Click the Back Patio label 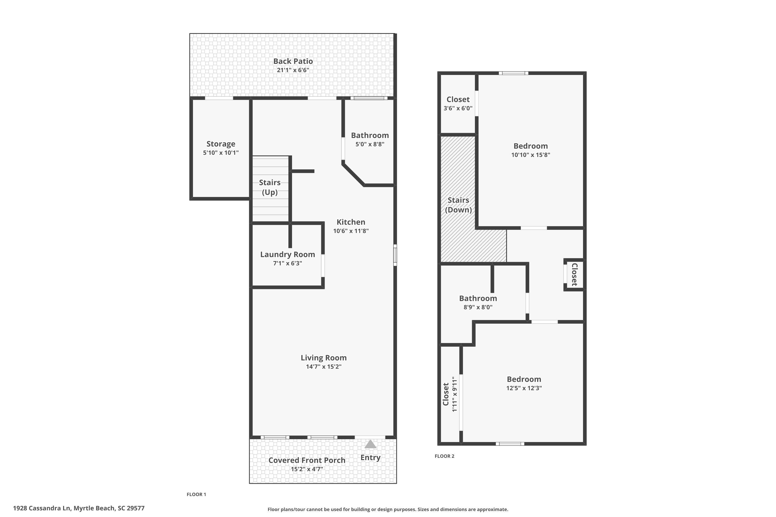point(293,61)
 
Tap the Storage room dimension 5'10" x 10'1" point(221,153)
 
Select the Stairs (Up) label point(270,187)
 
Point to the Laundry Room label point(287,254)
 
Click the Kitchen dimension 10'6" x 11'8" point(351,231)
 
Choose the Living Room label point(324,358)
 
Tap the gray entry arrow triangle point(370,444)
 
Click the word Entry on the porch point(370,458)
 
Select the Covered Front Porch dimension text point(307,469)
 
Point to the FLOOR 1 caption point(196,494)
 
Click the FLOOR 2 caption point(444,456)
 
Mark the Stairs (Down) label point(458,205)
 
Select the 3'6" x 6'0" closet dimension point(458,108)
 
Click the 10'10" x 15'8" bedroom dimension point(531,155)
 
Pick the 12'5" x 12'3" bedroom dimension point(524,388)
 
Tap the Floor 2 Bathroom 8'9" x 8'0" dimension point(478,307)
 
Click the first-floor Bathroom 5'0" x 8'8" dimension point(370,144)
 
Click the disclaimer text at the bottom point(388,510)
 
